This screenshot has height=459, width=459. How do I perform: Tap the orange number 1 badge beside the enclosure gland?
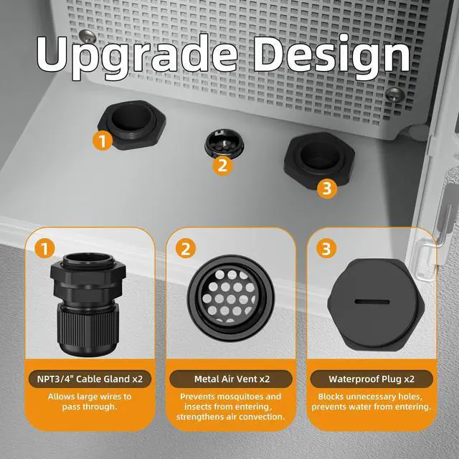point(103,141)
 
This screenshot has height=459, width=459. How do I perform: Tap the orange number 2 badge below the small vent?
point(222,166)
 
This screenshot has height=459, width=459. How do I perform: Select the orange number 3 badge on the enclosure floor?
point(327,188)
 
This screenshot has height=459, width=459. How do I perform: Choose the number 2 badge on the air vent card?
point(186,249)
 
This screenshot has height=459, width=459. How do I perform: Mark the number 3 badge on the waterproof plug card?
point(327,249)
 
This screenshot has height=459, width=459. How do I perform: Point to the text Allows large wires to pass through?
point(89,402)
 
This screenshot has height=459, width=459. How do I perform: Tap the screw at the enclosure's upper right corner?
point(393,93)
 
